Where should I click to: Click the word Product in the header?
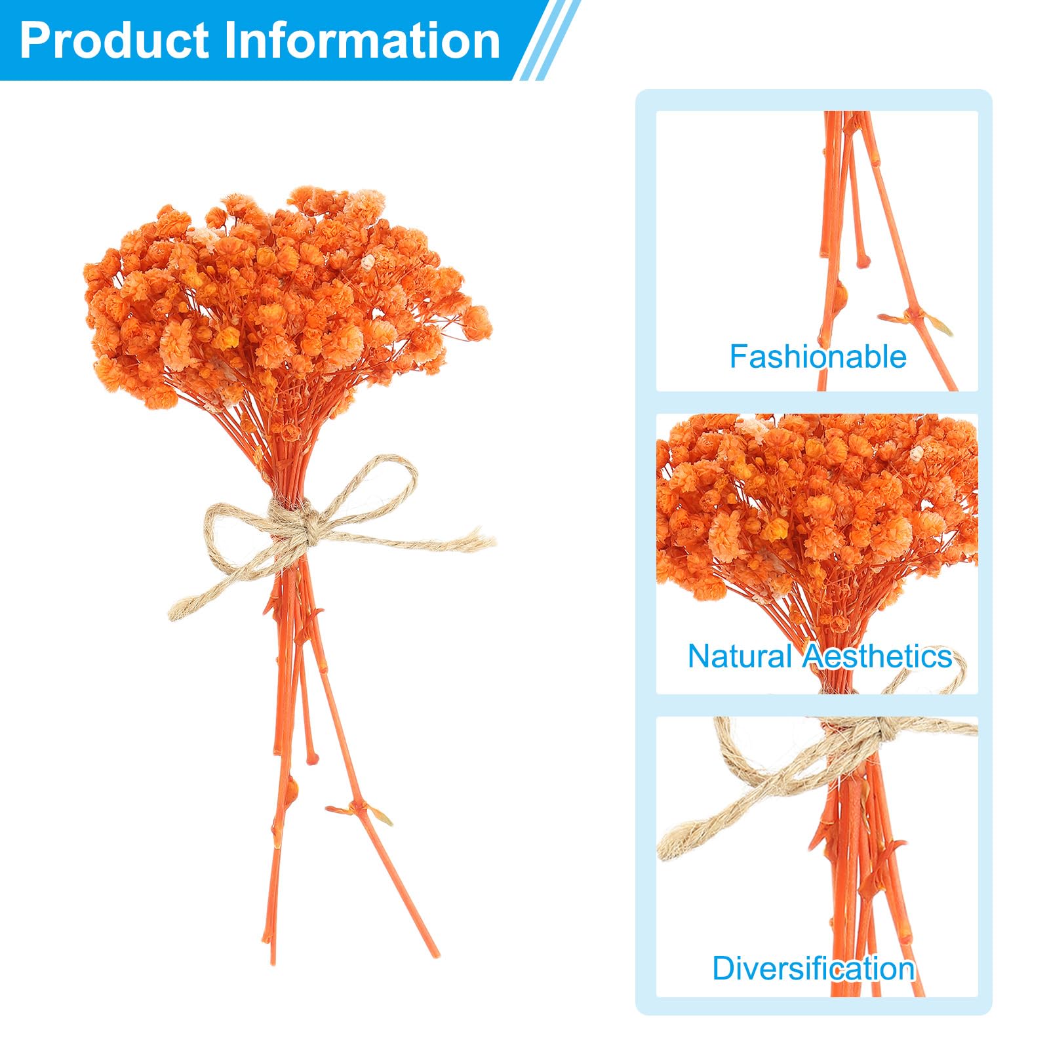click(x=114, y=41)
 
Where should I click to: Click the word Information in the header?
click(x=363, y=41)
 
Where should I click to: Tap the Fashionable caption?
click(x=818, y=357)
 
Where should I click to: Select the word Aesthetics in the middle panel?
click(x=878, y=656)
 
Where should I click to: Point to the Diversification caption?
click(x=813, y=969)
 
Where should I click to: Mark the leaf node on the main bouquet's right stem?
click(x=359, y=810)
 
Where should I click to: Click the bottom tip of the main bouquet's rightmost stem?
click(x=435, y=955)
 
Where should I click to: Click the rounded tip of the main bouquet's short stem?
click(x=312, y=759)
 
